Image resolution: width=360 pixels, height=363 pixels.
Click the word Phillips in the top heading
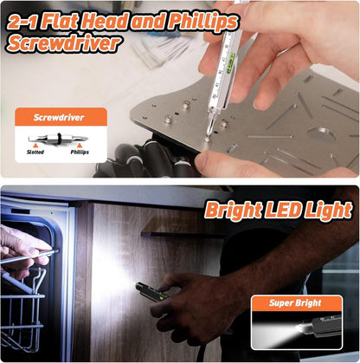point(203,22)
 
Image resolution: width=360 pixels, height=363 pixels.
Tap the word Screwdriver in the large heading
point(63,43)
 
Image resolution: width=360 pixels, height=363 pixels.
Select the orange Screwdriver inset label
point(61,117)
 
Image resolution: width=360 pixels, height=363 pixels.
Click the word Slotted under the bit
point(35,152)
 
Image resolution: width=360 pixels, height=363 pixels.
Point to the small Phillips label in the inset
point(80,152)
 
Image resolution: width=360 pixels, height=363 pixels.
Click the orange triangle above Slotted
point(35,146)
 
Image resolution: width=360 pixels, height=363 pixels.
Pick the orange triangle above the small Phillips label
point(80,146)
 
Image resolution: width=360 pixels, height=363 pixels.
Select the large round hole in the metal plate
point(322,134)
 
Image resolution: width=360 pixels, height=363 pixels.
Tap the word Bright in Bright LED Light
point(234,211)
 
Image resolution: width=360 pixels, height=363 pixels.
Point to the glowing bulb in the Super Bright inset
point(302,328)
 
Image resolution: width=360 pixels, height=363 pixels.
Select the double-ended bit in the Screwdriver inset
point(59,138)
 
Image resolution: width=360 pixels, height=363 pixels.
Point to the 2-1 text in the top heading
point(22,22)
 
